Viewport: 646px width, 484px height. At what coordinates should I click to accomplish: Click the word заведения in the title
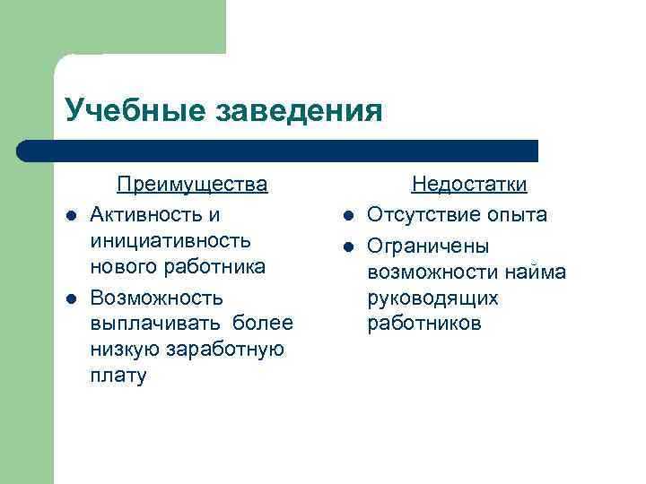tap(300, 111)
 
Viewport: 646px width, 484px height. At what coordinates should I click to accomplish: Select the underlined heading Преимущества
tap(192, 185)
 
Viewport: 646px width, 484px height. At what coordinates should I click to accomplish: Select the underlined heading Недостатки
tap(468, 185)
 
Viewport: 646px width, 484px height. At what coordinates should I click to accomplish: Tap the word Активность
tap(149, 215)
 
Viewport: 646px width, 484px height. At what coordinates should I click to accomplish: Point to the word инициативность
tap(170, 241)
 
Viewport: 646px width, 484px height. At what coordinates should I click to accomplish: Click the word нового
tap(121, 267)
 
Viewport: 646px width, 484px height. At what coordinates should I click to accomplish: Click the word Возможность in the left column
tap(158, 298)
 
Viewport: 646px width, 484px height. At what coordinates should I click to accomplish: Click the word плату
tap(117, 376)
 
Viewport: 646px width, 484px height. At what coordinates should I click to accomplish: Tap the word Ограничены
tap(428, 246)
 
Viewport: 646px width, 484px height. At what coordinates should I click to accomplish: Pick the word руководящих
tap(432, 298)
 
